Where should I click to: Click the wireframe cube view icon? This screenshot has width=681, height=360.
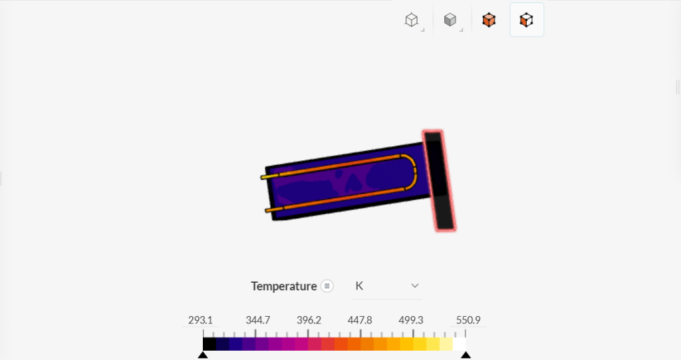pos(411,20)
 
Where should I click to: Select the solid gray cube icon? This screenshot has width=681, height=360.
pos(450,19)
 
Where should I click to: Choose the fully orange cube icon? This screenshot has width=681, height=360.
pos(489,20)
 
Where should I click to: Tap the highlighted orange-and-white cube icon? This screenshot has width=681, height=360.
pos(527,20)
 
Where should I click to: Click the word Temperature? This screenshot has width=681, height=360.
pos(283,286)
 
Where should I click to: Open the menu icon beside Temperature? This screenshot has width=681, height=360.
pos(327,286)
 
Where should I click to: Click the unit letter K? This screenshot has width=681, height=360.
pos(359,285)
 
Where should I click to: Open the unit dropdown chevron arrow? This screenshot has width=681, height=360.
pos(415,285)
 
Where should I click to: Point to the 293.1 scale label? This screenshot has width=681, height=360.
pos(200,320)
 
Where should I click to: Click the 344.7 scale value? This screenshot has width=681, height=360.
pos(257,320)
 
